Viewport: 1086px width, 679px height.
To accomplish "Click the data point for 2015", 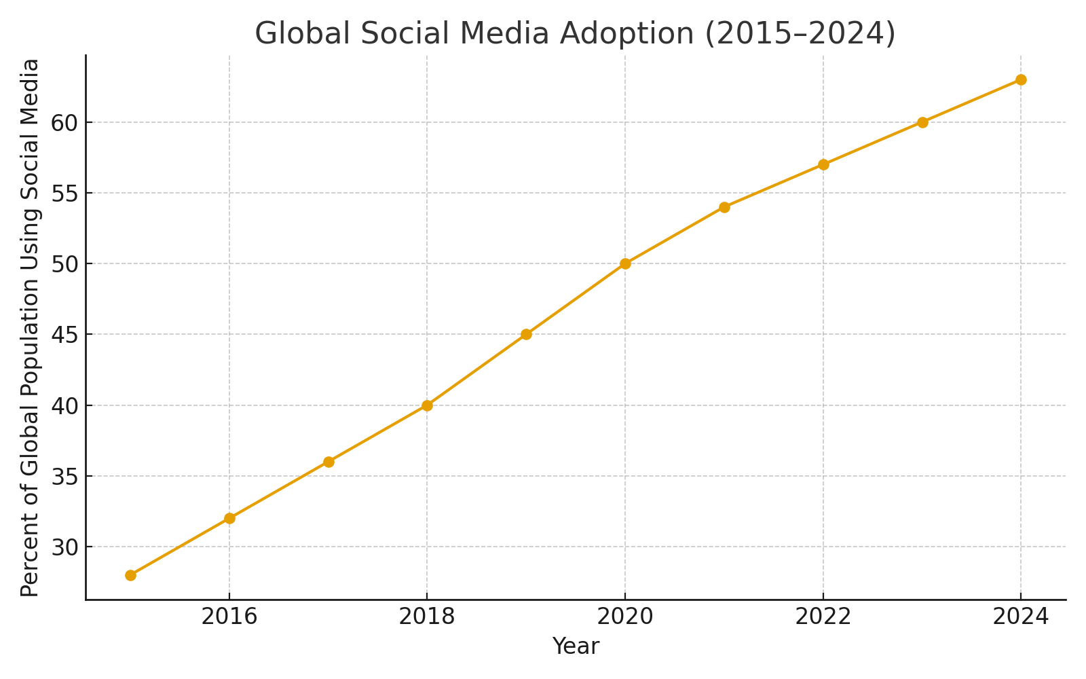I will (x=130, y=575).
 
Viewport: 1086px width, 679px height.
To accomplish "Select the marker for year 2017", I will (x=329, y=462).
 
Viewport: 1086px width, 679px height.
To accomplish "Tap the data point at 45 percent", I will (x=526, y=334).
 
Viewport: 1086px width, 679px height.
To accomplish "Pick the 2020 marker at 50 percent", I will (x=625, y=263).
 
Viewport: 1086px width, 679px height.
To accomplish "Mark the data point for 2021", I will (x=724, y=207).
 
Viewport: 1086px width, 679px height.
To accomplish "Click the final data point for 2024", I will (x=1021, y=79).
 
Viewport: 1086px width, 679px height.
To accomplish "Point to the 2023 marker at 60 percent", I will (x=922, y=122).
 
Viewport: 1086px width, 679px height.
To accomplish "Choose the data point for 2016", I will (x=229, y=518).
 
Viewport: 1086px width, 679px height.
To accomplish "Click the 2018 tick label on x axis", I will (x=427, y=617).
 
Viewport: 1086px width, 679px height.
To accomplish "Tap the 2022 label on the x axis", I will (x=823, y=617).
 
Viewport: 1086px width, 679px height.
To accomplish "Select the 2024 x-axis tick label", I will (x=1021, y=617).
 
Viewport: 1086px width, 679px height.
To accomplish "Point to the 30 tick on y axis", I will (x=64, y=547).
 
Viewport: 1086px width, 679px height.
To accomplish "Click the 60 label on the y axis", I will (x=64, y=122).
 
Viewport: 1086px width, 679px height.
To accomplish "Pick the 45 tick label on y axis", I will (x=64, y=334).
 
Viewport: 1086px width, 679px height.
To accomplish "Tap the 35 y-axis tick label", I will (x=64, y=476).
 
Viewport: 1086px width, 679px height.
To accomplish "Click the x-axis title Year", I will (x=576, y=646).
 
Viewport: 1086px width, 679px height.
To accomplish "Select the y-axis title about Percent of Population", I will (x=30, y=327).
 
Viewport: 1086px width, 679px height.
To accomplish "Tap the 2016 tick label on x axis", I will (x=229, y=617).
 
